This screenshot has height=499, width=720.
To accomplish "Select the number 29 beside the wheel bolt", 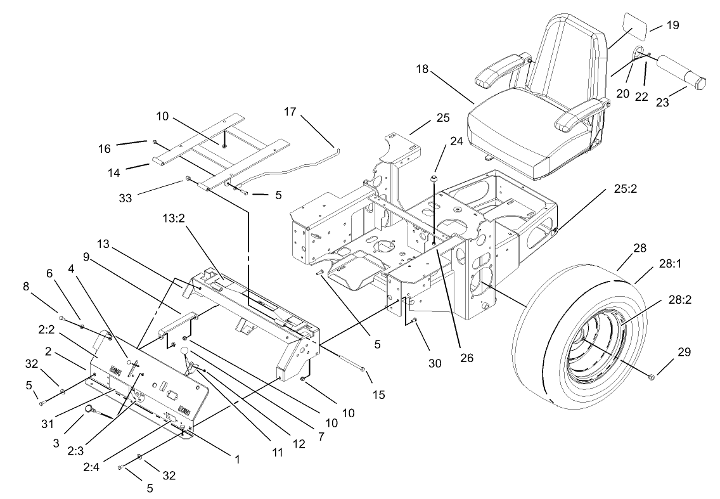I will tap(685, 351).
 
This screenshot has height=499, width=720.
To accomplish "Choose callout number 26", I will tap(466, 357).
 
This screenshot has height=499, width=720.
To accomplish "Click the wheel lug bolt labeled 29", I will tap(652, 379).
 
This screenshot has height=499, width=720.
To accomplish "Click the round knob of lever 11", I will tap(186, 351).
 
